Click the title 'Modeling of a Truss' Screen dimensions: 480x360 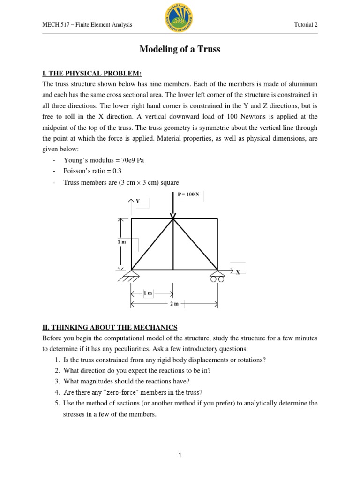click(x=180, y=49)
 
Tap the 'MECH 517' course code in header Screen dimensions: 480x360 click(x=54, y=25)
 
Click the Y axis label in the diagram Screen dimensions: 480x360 click(x=138, y=201)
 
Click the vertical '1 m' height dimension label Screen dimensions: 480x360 click(x=121, y=242)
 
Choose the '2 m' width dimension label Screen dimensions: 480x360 click(x=174, y=304)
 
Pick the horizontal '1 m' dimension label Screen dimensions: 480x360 click(x=148, y=293)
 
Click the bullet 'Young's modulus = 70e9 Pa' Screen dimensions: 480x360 click(x=104, y=160)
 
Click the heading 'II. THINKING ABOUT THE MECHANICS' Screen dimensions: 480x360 click(x=110, y=327)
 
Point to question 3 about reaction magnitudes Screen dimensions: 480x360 click(x=130, y=381)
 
